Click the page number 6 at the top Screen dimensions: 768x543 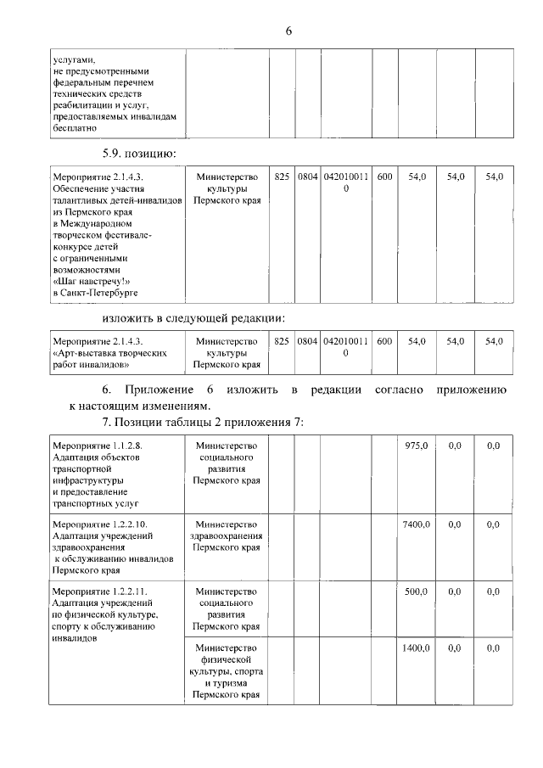(x=288, y=31)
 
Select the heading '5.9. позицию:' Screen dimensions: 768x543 (x=138, y=154)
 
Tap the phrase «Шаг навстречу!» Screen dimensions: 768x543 (x=92, y=280)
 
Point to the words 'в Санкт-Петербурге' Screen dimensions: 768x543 (x=94, y=293)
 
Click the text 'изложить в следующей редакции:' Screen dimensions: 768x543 (x=193, y=317)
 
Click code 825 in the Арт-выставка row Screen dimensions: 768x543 (x=283, y=341)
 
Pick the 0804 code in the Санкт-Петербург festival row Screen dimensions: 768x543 (x=307, y=177)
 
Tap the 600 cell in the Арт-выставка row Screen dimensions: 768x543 (x=384, y=341)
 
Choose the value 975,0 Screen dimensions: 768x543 (x=417, y=445)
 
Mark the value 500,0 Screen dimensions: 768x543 (x=417, y=591)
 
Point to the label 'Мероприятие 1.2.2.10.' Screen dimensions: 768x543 (x=99, y=524)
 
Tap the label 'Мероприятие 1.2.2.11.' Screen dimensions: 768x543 (x=99, y=591)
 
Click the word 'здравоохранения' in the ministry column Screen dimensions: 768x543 (x=226, y=536)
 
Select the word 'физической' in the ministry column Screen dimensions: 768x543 (x=226, y=659)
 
